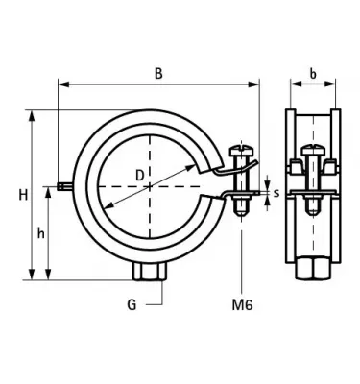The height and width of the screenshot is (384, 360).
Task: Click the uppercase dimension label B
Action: [x=158, y=73]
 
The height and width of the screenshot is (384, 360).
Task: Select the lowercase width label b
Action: [x=312, y=73]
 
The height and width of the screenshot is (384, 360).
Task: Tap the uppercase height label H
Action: [x=21, y=196]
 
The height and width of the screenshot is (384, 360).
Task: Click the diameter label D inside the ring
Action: [x=140, y=176]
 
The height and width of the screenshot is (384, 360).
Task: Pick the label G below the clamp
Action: [x=132, y=305]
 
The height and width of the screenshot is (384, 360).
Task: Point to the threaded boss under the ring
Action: [x=151, y=274]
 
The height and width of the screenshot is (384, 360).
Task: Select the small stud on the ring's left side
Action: [x=63, y=186]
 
